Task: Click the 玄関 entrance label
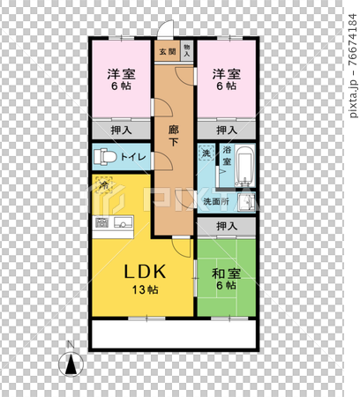[x=167, y=51]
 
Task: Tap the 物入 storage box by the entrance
[x=186, y=51]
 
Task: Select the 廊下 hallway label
[x=174, y=133]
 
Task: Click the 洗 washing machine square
[x=206, y=154]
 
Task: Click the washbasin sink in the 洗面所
[x=248, y=202]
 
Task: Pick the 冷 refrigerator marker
[x=104, y=185]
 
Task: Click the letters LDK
[x=139, y=271]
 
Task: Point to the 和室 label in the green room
[x=224, y=271]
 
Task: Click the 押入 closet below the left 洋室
[x=122, y=130]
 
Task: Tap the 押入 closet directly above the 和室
[x=227, y=227]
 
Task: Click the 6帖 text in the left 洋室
[x=122, y=87]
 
